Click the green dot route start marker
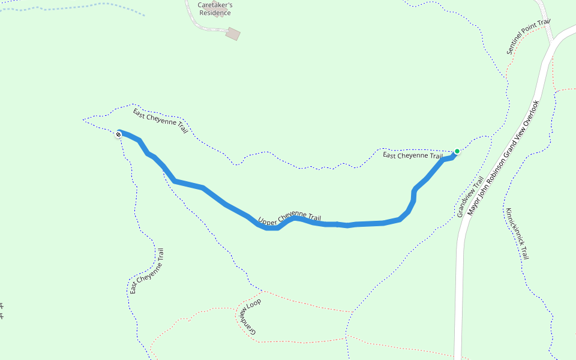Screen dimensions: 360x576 click(457, 151)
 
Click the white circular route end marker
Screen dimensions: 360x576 click(118, 134)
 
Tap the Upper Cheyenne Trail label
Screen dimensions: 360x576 click(290, 218)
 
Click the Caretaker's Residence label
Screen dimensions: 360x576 click(215, 8)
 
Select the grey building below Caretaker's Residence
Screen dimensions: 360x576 click(233, 34)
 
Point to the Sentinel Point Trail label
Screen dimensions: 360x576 click(528, 37)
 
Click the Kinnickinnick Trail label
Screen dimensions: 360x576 click(517, 233)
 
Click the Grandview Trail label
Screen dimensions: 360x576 click(470, 197)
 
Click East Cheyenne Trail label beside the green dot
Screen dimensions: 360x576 click(413, 155)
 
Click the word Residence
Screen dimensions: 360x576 click(215, 13)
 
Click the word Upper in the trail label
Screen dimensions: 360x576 click(267, 221)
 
